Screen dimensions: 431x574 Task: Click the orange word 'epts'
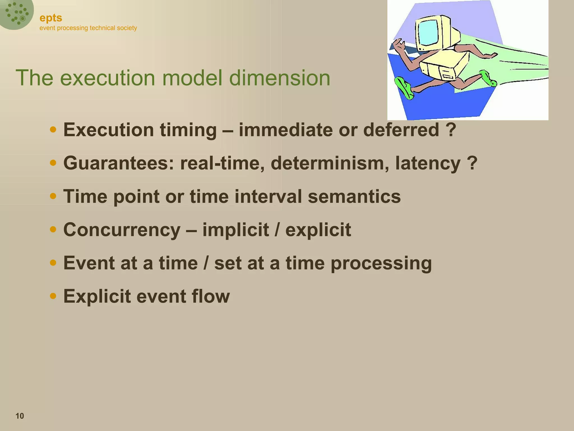[51, 18]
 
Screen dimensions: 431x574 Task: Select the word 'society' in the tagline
[127, 28]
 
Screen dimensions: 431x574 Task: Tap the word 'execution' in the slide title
[108, 78]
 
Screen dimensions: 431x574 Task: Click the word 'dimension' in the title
[279, 78]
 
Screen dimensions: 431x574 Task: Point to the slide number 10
[20, 416]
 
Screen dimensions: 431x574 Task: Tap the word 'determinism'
[330, 163]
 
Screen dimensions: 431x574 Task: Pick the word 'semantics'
[354, 196]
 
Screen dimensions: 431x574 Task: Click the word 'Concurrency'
[122, 230]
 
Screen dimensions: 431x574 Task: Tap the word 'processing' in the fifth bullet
[381, 263]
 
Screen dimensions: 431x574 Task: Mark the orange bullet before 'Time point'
[53, 196]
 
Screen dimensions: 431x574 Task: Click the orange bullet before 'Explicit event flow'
[53, 296]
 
